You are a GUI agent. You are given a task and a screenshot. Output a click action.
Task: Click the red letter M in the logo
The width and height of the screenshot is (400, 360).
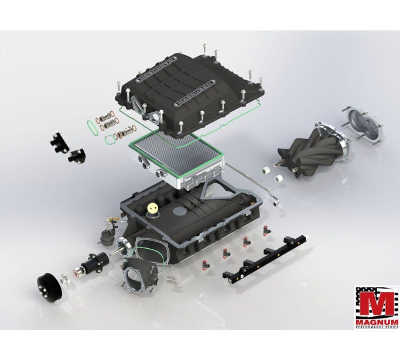(376, 303)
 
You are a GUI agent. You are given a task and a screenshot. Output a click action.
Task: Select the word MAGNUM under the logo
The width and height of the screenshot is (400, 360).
(376, 323)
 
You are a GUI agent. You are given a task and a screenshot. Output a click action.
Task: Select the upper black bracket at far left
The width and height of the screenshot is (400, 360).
(58, 141)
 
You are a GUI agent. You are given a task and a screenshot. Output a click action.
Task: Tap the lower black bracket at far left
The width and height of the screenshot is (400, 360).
(76, 157)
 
